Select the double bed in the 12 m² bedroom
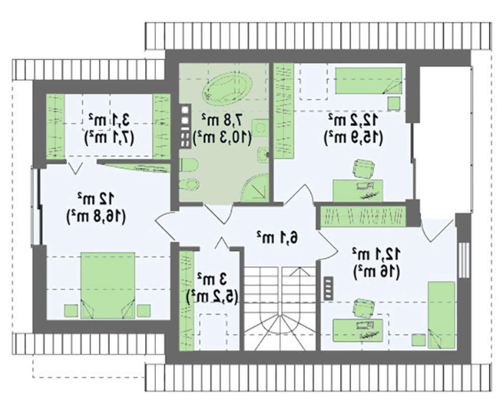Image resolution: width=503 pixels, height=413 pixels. pos(108,285)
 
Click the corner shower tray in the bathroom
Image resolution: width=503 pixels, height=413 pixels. pos(255,188)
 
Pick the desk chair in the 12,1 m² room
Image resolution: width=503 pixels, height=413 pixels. pos(363,307)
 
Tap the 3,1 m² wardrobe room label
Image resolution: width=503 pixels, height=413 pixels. pos(109,120)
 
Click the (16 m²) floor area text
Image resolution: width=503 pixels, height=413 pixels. pos(376,272)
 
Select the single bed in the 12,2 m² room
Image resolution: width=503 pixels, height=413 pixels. pos(369,81)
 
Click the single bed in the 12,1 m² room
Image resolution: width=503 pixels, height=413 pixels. pos(442,315)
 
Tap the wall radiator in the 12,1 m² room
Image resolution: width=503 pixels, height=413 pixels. pos(328,288)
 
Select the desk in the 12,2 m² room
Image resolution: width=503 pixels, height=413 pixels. pos(358,190)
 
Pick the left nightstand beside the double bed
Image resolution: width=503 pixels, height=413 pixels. pos(71,311)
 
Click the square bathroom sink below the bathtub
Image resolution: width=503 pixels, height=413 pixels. pos(260,128)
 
